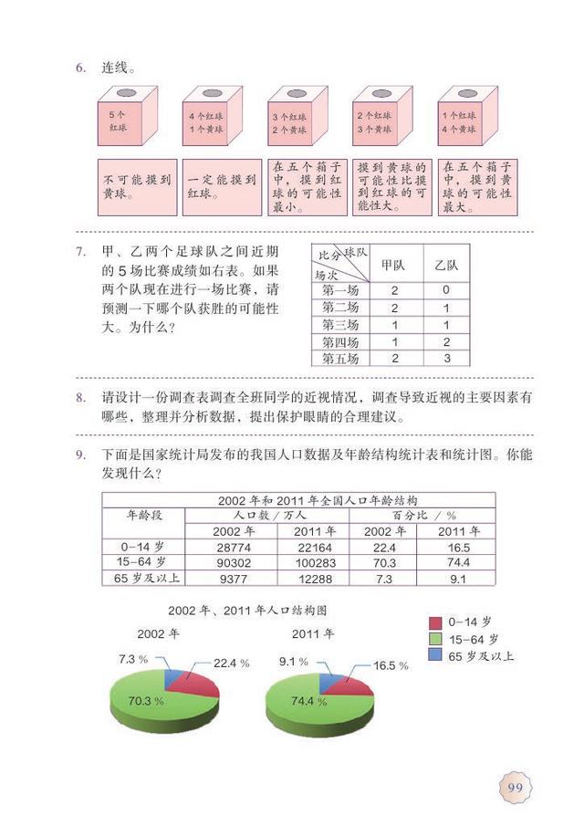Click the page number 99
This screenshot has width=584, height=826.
(x=514, y=787)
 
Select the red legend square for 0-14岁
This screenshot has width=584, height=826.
(x=436, y=622)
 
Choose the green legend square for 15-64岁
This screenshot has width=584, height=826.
(x=436, y=639)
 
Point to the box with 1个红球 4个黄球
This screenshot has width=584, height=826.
(x=462, y=121)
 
